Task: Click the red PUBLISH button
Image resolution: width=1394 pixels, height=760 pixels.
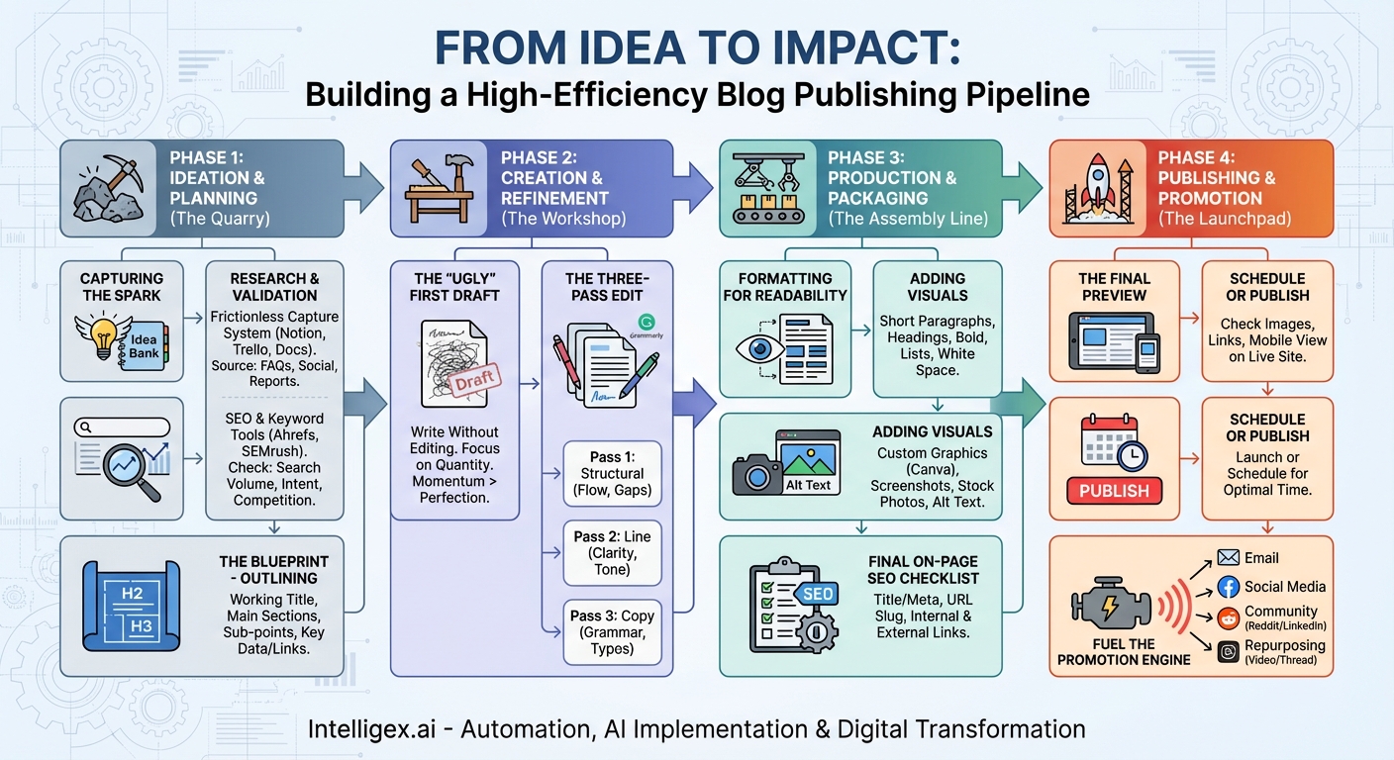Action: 1114,491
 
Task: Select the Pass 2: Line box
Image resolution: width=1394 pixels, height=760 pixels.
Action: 612,552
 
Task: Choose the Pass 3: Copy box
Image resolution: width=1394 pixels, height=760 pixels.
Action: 612,632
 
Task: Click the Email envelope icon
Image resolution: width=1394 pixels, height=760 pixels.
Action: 1228,558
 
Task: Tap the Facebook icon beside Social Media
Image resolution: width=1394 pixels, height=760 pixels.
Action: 1229,587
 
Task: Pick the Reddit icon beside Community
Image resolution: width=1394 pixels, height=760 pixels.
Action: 1229,618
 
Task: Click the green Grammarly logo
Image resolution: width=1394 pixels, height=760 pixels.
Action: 646,322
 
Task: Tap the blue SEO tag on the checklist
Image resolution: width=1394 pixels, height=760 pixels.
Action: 817,594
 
